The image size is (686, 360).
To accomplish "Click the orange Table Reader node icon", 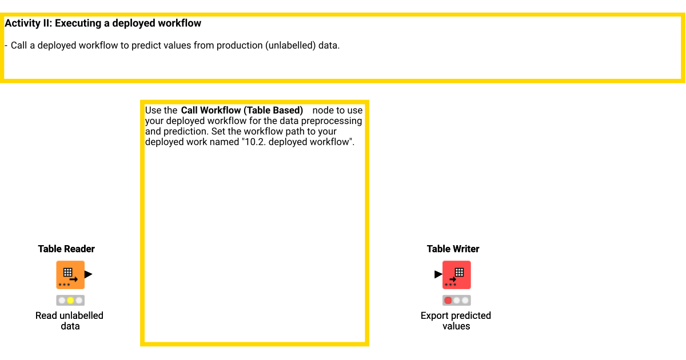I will click(x=70, y=274).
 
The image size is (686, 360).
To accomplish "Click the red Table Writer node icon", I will click(x=456, y=274).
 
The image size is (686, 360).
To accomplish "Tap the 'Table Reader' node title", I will click(x=66, y=249).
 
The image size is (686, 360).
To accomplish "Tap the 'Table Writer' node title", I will click(x=453, y=249).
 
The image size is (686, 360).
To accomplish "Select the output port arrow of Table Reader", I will click(x=88, y=274).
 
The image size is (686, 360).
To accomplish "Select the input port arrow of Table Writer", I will click(x=438, y=274).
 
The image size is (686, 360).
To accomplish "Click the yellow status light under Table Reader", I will click(x=70, y=300).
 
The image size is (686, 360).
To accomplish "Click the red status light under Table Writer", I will click(x=448, y=300).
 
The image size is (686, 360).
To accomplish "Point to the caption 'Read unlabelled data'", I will click(x=69, y=321).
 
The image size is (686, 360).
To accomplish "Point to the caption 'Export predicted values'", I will click(x=456, y=321).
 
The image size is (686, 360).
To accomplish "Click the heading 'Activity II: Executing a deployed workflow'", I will click(x=103, y=23).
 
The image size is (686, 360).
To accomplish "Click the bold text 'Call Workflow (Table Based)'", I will click(x=242, y=110).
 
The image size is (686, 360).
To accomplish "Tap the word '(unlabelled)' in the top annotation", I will click(x=290, y=45).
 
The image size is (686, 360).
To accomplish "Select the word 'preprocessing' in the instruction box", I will click(x=334, y=121).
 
